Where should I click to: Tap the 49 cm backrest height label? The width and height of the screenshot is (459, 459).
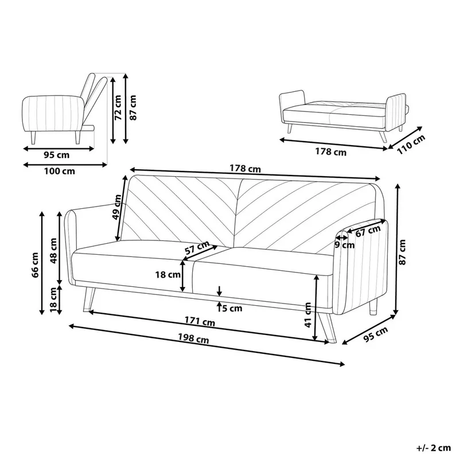[117, 208]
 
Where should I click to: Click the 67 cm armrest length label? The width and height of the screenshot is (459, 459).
[368, 231]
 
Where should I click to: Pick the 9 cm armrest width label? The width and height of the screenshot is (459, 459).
[344, 245]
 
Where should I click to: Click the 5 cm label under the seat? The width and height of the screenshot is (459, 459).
[232, 308]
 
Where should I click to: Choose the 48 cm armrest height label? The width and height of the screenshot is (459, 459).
[53, 250]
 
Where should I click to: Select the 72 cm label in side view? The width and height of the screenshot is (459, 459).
[118, 108]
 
